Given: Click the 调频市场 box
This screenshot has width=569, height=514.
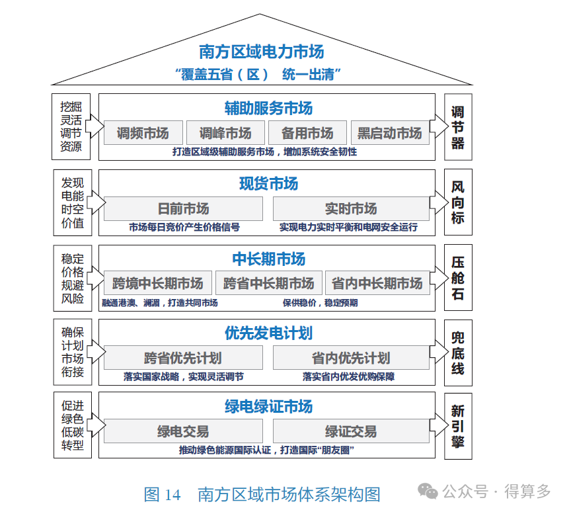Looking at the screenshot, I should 143,133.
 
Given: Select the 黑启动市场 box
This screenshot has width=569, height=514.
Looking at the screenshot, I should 390,133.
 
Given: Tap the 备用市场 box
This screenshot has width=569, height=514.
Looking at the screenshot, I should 307,133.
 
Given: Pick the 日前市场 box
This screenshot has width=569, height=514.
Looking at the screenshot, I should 183,209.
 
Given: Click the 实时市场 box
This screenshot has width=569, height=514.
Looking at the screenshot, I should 351,209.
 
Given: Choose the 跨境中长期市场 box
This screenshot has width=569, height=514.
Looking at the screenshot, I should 157,283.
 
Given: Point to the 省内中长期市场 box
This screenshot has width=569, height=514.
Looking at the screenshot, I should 377,283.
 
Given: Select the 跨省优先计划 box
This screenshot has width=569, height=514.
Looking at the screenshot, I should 183,359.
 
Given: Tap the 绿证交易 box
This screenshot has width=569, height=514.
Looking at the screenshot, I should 351,432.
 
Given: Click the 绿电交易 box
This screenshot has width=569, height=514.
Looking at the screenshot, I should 183,432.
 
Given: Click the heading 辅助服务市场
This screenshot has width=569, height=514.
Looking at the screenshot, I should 268,108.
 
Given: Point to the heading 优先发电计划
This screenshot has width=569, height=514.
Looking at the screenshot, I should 268,333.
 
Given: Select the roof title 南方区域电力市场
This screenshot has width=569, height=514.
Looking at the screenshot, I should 262,51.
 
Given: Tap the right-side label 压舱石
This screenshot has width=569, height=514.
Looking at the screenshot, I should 458,278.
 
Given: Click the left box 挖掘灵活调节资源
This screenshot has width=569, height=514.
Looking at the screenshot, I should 71,126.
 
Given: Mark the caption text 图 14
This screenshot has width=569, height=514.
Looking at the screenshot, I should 162,494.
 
